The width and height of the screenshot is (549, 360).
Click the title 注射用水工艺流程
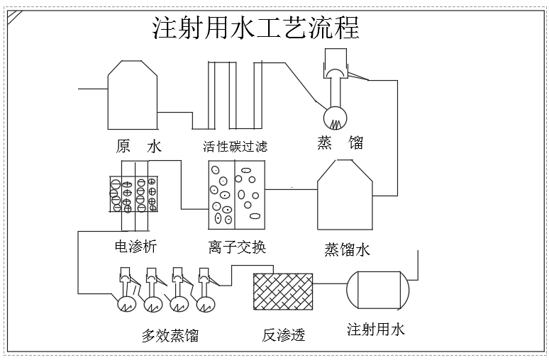(x=256, y=28)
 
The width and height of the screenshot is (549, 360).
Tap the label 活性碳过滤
(x=235, y=147)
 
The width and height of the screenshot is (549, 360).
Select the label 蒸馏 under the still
(x=340, y=142)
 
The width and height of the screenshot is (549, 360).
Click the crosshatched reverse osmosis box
(x=283, y=291)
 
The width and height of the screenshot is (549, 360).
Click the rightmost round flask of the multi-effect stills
(x=206, y=304)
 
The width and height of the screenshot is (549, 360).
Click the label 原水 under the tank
(x=139, y=147)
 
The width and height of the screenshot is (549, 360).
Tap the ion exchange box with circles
(x=235, y=193)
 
